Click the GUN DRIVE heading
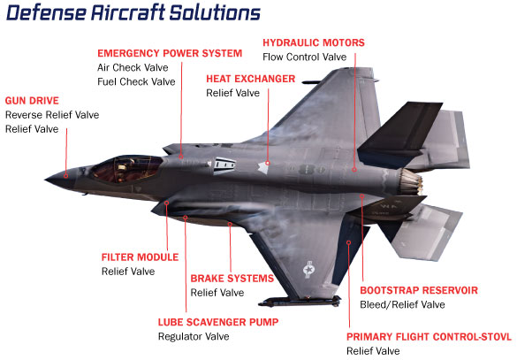(32, 101)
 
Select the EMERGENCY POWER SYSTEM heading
(170, 53)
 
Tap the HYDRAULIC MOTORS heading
(314, 42)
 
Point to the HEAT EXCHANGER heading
(251, 79)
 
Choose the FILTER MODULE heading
(140, 257)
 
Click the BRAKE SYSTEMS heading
(232, 279)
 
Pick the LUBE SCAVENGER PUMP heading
(218, 322)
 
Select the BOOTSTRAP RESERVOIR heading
(419, 290)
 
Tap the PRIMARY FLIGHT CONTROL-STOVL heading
(429, 337)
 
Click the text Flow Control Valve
(304, 57)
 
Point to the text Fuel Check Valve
(136, 82)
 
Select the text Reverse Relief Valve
(52, 115)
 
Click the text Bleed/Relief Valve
(402, 304)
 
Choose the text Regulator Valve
(194, 337)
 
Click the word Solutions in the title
(215, 13)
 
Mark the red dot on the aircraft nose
(66, 176)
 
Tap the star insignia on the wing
(308, 270)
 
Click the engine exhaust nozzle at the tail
(412, 181)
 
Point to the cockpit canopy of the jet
(127, 169)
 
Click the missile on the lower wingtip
(300, 302)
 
